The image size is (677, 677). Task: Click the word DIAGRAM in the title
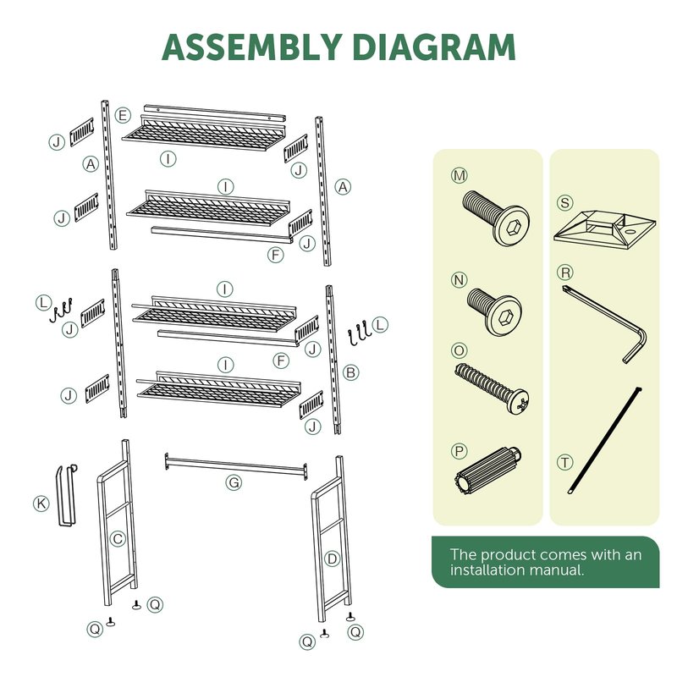click(x=434, y=47)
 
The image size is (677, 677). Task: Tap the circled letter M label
click(x=459, y=176)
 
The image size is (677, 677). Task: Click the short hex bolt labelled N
click(x=494, y=311)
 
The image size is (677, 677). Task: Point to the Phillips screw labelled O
click(x=492, y=388)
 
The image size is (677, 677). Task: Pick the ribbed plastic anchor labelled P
click(x=488, y=471)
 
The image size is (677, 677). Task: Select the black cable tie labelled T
click(x=605, y=440)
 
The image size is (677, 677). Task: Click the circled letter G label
click(x=234, y=482)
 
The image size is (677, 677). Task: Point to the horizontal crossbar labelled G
click(x=236, y=465)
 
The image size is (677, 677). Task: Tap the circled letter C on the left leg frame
click(x=118, y=539)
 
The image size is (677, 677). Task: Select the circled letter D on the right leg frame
click(x=332, y=559)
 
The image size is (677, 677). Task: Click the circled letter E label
click(x=123, y=115)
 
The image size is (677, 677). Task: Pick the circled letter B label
click(x=351, y=372)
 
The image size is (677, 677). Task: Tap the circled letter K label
click(x=41, y=504)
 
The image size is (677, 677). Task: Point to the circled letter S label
click(x=564, y=203)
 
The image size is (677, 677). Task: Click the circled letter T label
click(x=564, y=462)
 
